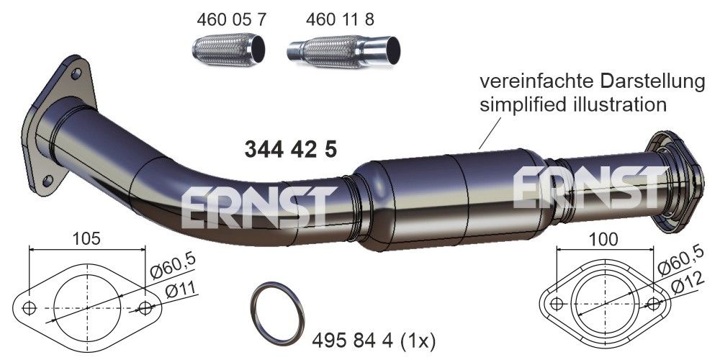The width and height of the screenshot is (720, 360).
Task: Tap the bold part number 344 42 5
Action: click(x=291, y=150)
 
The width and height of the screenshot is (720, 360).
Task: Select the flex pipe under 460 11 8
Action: click(x=343, y=52)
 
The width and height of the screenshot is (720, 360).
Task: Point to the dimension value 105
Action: click(x=87, y=237)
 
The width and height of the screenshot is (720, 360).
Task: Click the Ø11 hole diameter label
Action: click(x=179, y=292)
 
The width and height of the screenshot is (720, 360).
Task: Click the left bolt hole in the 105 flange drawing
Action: click(x=30, y=309)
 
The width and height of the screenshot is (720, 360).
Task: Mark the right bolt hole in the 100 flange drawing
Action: click(x=654, y=304)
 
